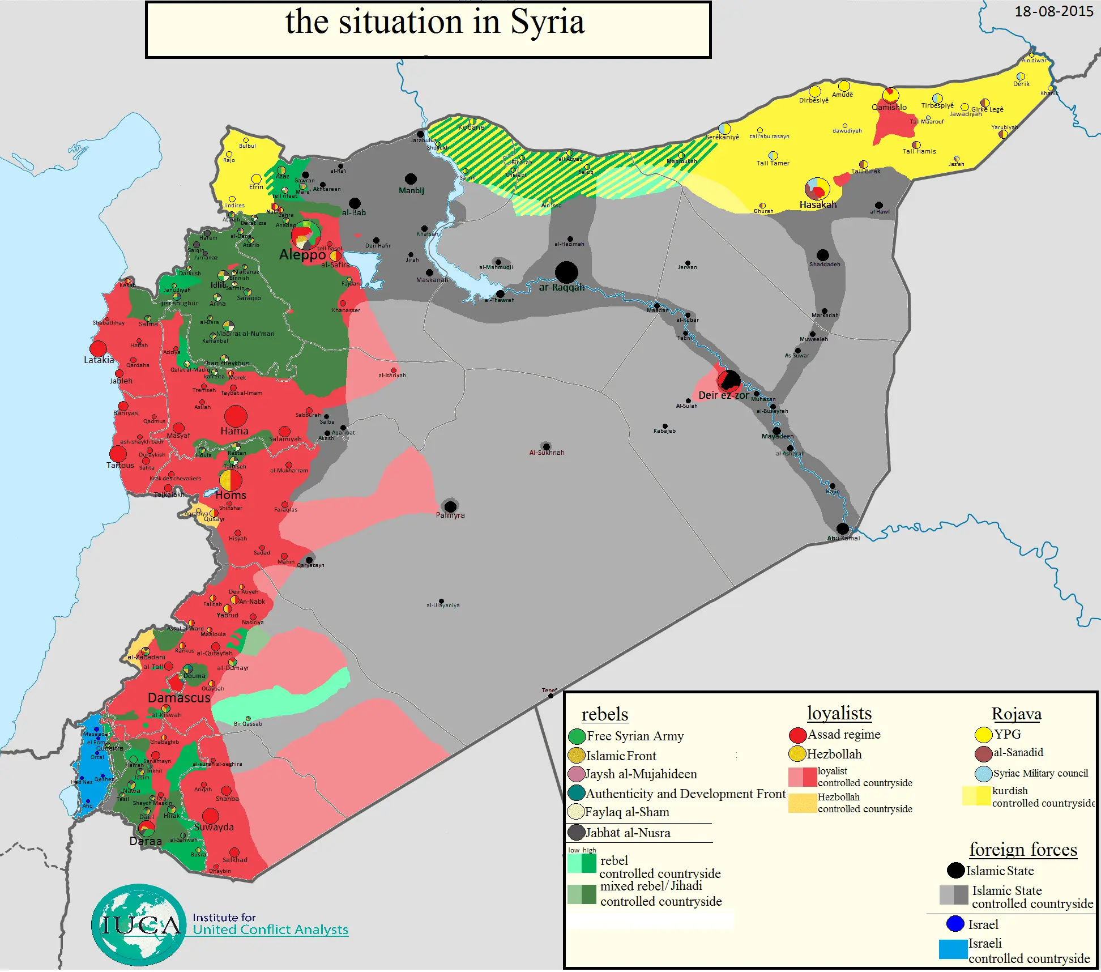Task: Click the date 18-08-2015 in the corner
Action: [x=1053, y=11]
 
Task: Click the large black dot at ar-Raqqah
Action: [x=566, y=272]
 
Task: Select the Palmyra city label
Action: [x=450, y=515]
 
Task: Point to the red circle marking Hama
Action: [x=236, y=416]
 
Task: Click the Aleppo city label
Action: [x=302, y=255]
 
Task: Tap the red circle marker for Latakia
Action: [x=99, y=348]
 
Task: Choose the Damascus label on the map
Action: [x=179, y=698]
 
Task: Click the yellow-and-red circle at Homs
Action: [x=231, y=480]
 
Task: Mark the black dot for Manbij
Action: [x=411, y=179]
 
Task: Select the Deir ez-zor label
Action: [x=723, y=395]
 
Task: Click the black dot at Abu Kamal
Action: [x=843, y=528]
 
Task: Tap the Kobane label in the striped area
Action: [x=471, y=127]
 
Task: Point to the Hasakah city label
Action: [x=818, y=205]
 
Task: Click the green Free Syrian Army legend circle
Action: [x=577, y=736]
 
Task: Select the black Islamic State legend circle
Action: [x=955, y=871]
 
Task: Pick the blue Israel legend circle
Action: [x=955, y=924]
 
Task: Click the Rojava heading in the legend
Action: [x=1016, y=714]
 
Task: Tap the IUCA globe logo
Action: [x=139, y=924]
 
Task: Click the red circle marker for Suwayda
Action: [x=211, y=816]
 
